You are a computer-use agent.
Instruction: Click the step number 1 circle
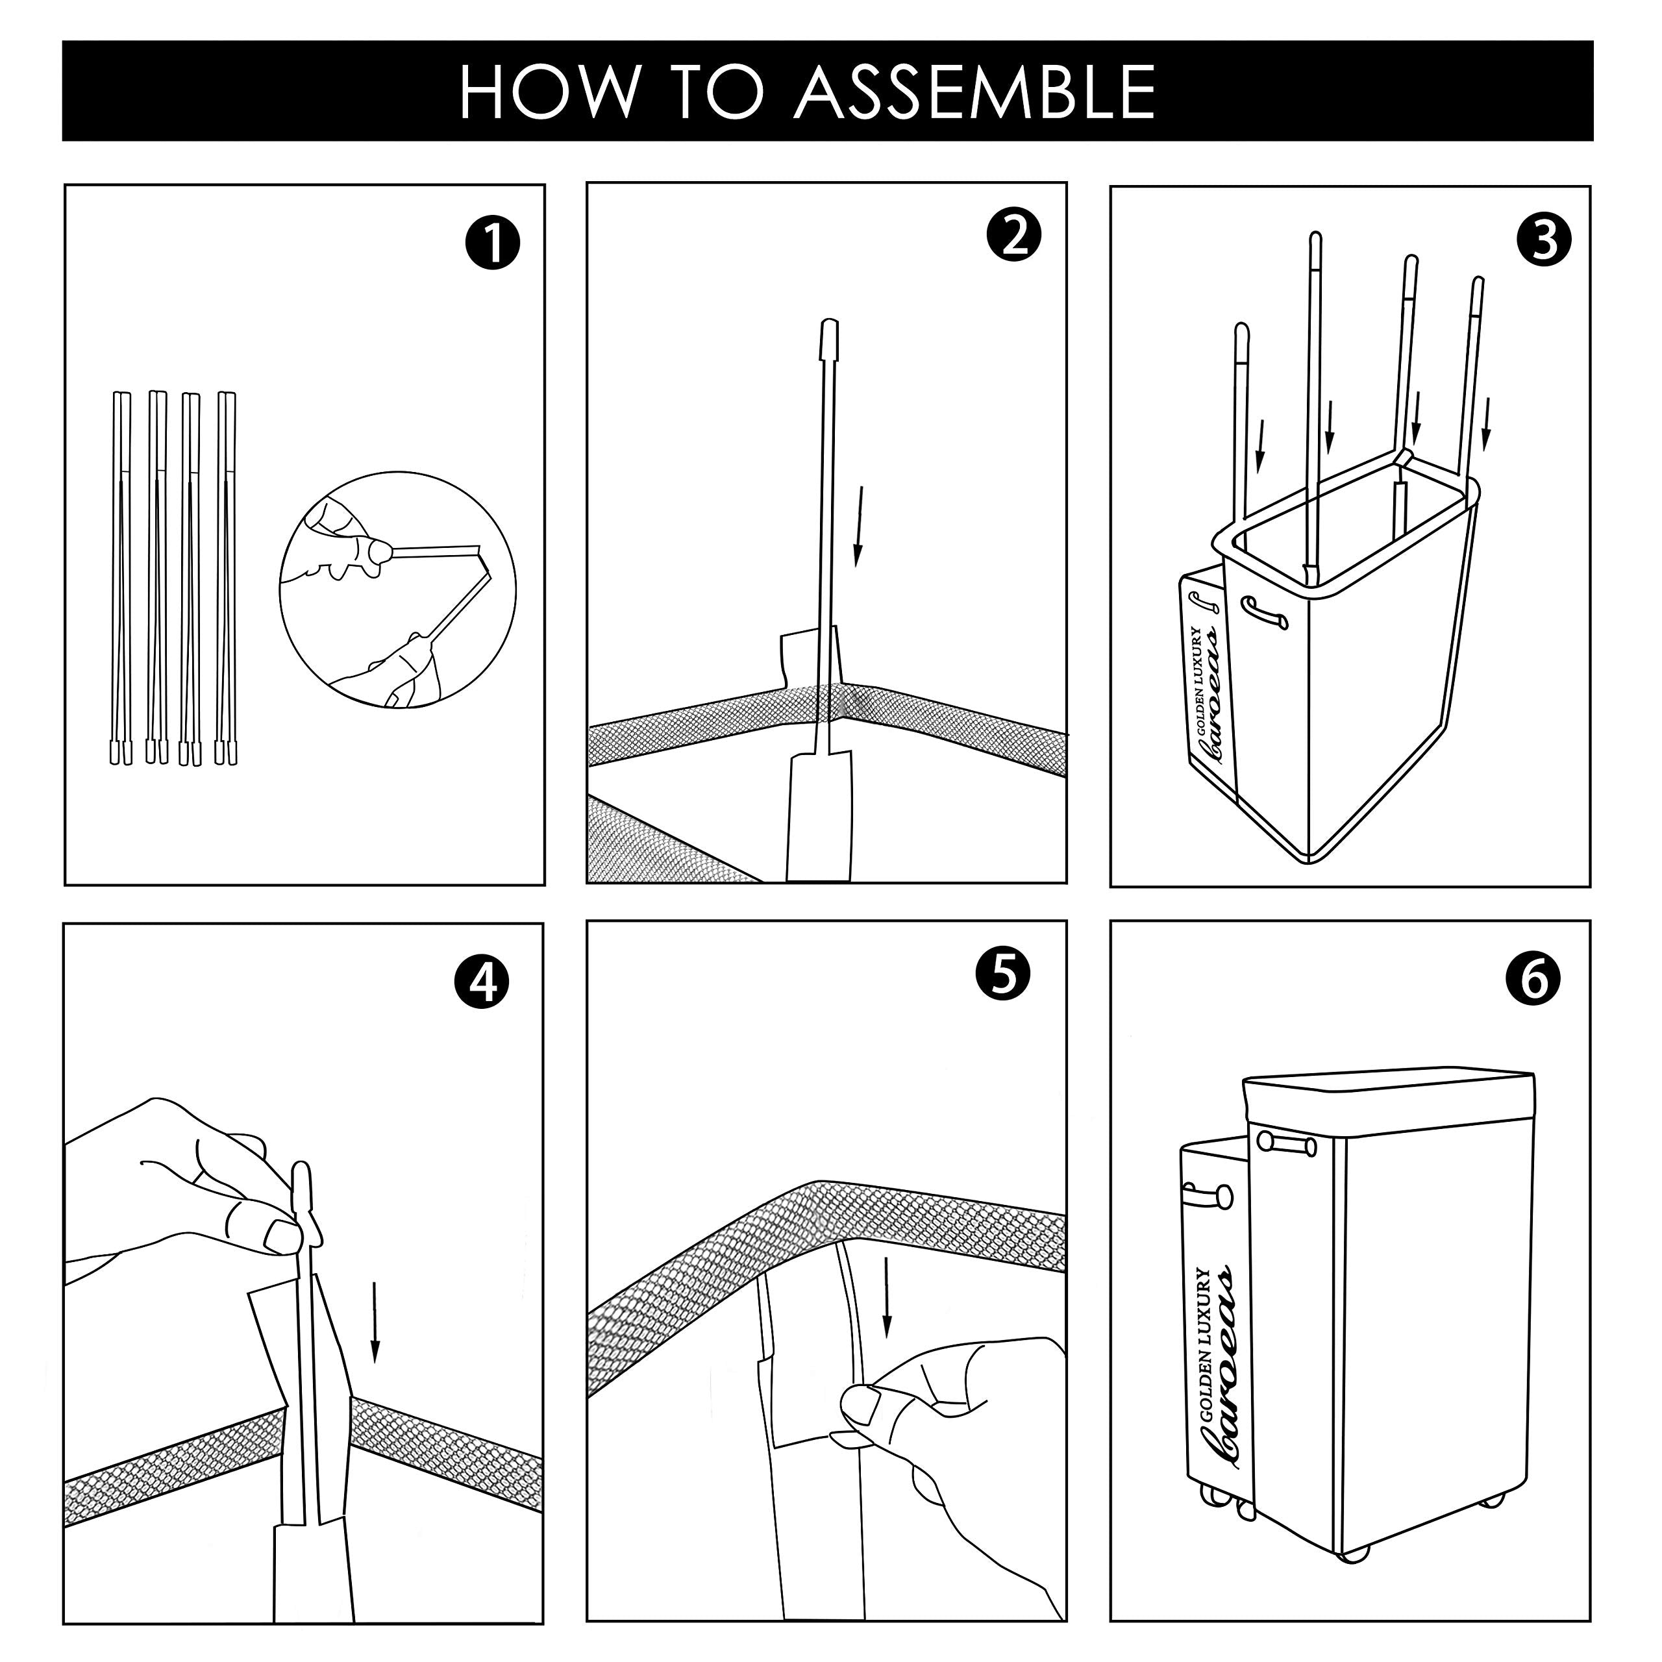492,243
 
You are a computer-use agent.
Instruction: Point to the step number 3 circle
1545,240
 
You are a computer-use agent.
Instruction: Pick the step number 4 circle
482,982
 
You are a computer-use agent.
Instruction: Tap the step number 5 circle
1004,974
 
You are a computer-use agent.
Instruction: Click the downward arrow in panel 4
374,1321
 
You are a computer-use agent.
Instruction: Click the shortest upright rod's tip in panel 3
1241,331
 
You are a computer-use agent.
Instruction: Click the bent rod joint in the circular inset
484,561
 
